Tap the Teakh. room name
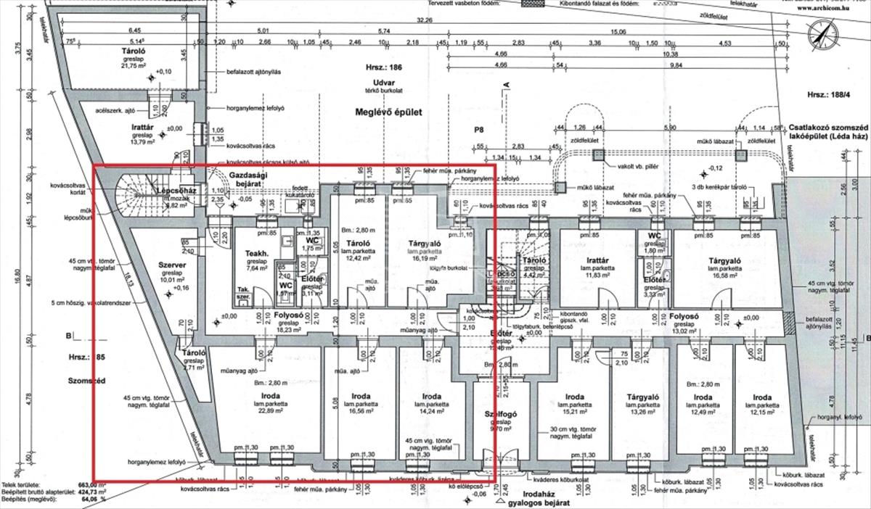coord(257,253)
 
